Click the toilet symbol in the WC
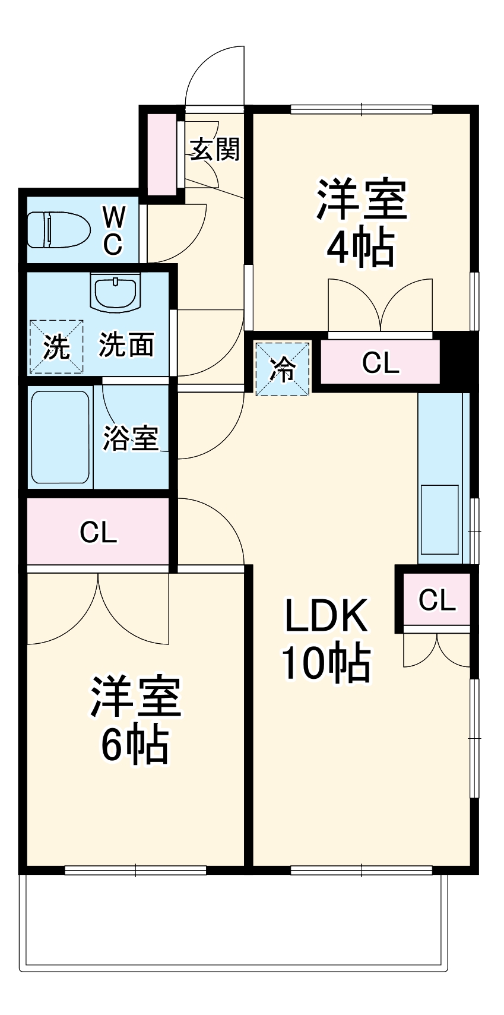[x=58, y=230]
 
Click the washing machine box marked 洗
[x=56, y=347]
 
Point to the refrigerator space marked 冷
[x=283, y=369]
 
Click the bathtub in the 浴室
[x=60, y=437]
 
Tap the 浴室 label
[x=131, y=438]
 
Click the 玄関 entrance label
[x=214, y=150]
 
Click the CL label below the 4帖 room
[x=380, y=362]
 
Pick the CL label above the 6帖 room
[x=99, y=532]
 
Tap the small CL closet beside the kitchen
[x=437, y=600]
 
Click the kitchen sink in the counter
[x=439, y=518]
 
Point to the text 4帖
[x=360, y=248]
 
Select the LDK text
[x=327, y=616]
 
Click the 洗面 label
[x=126, y=345]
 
